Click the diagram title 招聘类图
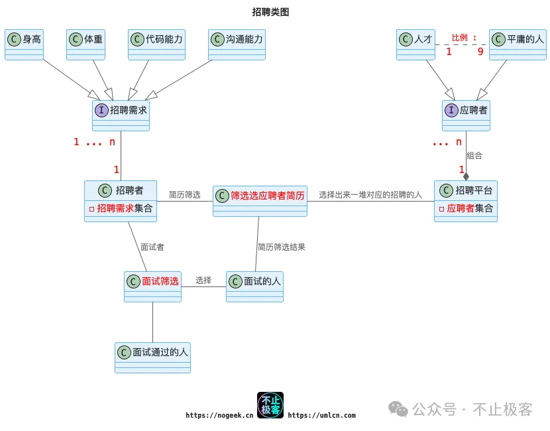(x=270, y=12)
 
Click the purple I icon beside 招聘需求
(x=101, y=110)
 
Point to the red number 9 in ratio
(x=480, y=51)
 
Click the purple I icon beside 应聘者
(x=451, y=110)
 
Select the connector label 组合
(x=474, y=155)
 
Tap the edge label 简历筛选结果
(x=282, y=247)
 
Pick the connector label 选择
(x=203, y=280)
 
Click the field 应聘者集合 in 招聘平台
(x=468, y=208)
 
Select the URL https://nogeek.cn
(x=219, y=415)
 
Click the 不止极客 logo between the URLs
(x=270, y=404)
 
